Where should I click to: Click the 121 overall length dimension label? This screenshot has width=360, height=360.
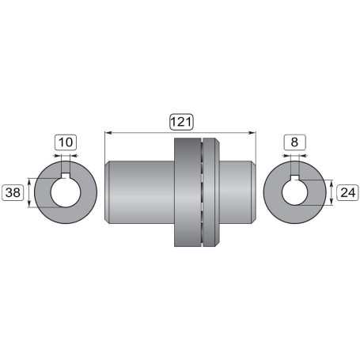coord(181,122)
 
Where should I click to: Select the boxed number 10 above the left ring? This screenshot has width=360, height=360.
coord(66,143)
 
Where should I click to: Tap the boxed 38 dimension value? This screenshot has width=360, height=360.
coord(13,191)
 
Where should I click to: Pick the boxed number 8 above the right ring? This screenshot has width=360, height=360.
coord(294,143)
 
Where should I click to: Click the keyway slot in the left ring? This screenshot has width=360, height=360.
coord(66,172)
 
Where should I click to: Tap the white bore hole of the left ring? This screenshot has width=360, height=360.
coord(66,193)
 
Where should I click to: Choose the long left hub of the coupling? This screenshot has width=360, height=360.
coord(138,193)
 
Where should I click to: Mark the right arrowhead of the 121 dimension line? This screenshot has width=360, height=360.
coord(255,132)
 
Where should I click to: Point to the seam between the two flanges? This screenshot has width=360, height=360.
coord(203,193)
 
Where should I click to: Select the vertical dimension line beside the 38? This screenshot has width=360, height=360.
coord(29,192)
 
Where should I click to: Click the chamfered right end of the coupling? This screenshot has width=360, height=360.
coord(256,193)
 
